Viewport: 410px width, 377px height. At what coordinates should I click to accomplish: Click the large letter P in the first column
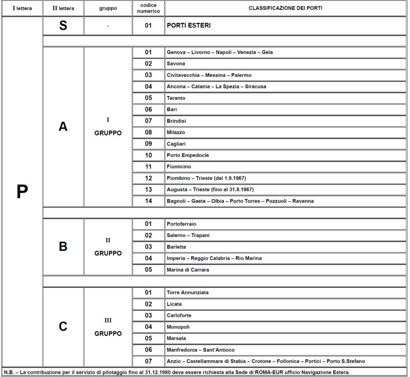[x=22, y=193]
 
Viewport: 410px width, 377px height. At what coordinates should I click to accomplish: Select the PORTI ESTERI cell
[x=189, y=26]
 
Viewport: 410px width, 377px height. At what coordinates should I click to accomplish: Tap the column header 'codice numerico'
[x=148, y=8]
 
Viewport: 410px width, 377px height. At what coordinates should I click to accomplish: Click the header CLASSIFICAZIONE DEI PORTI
[x=285, y=8]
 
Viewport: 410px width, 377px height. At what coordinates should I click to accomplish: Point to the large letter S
[x=63, y=26]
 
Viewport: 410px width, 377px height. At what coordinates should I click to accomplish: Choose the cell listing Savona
[x=176, y=64]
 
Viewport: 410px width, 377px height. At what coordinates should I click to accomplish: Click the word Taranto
[x=176, y=98]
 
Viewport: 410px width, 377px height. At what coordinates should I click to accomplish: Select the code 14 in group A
[x=148, y=201]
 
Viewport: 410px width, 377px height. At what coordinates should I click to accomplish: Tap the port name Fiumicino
[x=179, y=167]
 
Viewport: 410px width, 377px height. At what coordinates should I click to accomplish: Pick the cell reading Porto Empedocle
[x=188, y=155]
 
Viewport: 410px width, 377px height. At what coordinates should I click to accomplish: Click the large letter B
[x=63, y=247]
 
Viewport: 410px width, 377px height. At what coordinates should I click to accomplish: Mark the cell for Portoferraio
[x=181, y=224]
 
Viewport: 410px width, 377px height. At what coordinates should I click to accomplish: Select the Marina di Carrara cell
[x=188, y=270]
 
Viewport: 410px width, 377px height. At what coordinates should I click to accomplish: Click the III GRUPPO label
[x=108, y=327]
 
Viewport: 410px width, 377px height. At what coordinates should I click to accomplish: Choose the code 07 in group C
[x=148, y=361]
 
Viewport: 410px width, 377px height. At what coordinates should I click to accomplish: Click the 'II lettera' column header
[x=63, y=8]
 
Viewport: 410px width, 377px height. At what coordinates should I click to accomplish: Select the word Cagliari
[x=176, y=144]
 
